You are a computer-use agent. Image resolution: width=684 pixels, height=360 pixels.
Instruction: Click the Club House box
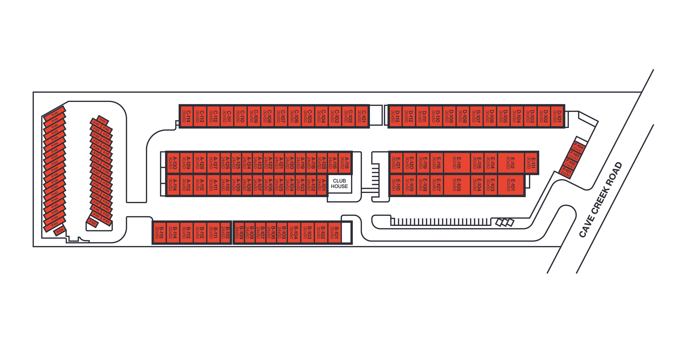click(339, 184)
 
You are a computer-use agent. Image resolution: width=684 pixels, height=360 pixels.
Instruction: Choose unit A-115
click(344, 163)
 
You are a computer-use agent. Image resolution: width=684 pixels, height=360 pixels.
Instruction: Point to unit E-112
click(511, 163)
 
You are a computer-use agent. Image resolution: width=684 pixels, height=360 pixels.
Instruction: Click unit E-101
click(511, 185)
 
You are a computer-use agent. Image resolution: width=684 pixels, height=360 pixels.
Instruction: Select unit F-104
click(578, 148)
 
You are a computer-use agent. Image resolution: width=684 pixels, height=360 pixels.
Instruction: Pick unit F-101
click(566, 172)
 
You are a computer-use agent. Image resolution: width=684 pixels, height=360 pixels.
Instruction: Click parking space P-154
click(60, 231)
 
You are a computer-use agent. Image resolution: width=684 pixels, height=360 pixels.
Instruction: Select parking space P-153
click(92, 222)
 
